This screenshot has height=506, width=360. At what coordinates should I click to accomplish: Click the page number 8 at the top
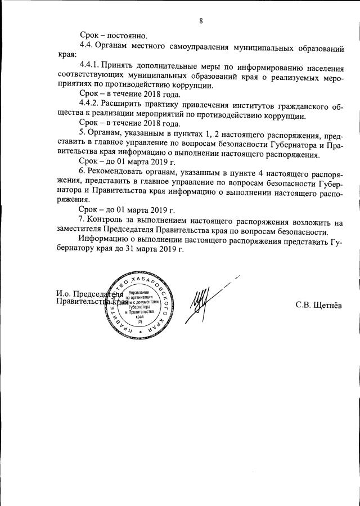201,21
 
